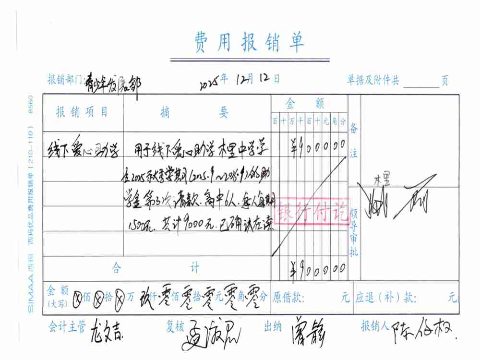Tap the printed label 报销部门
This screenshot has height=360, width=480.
[x=65, y=80]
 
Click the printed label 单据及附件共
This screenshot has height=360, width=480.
[x=373, y=81]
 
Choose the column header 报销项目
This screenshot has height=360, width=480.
[x=82, y=112]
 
